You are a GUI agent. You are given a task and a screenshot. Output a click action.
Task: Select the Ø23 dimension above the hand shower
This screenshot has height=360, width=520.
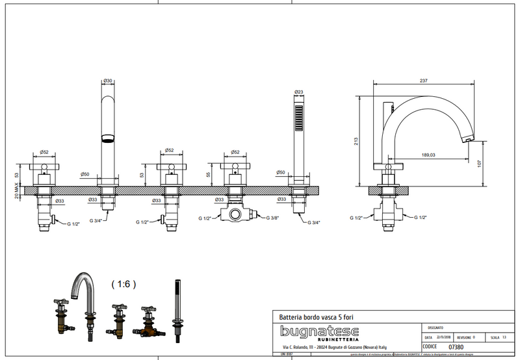point(299,92)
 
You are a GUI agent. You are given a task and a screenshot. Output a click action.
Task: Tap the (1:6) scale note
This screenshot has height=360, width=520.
point(123,283)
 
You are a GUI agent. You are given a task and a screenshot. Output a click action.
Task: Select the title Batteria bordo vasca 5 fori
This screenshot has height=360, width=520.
point(317,316)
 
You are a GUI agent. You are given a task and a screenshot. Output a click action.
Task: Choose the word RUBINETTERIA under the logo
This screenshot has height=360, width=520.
point(336,340)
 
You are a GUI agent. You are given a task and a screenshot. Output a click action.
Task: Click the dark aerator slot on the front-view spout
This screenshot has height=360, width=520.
point(107,138)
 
